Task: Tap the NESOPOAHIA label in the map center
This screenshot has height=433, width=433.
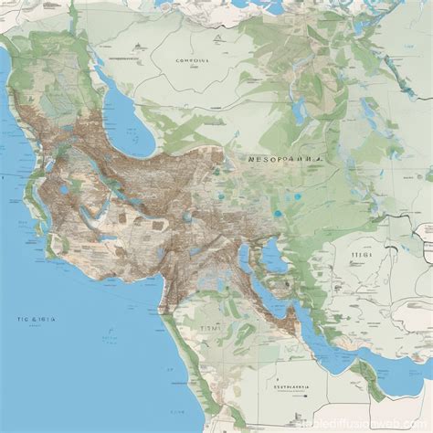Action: click(x=285, y=157)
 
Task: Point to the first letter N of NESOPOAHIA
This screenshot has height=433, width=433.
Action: click(x=251, y=157)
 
